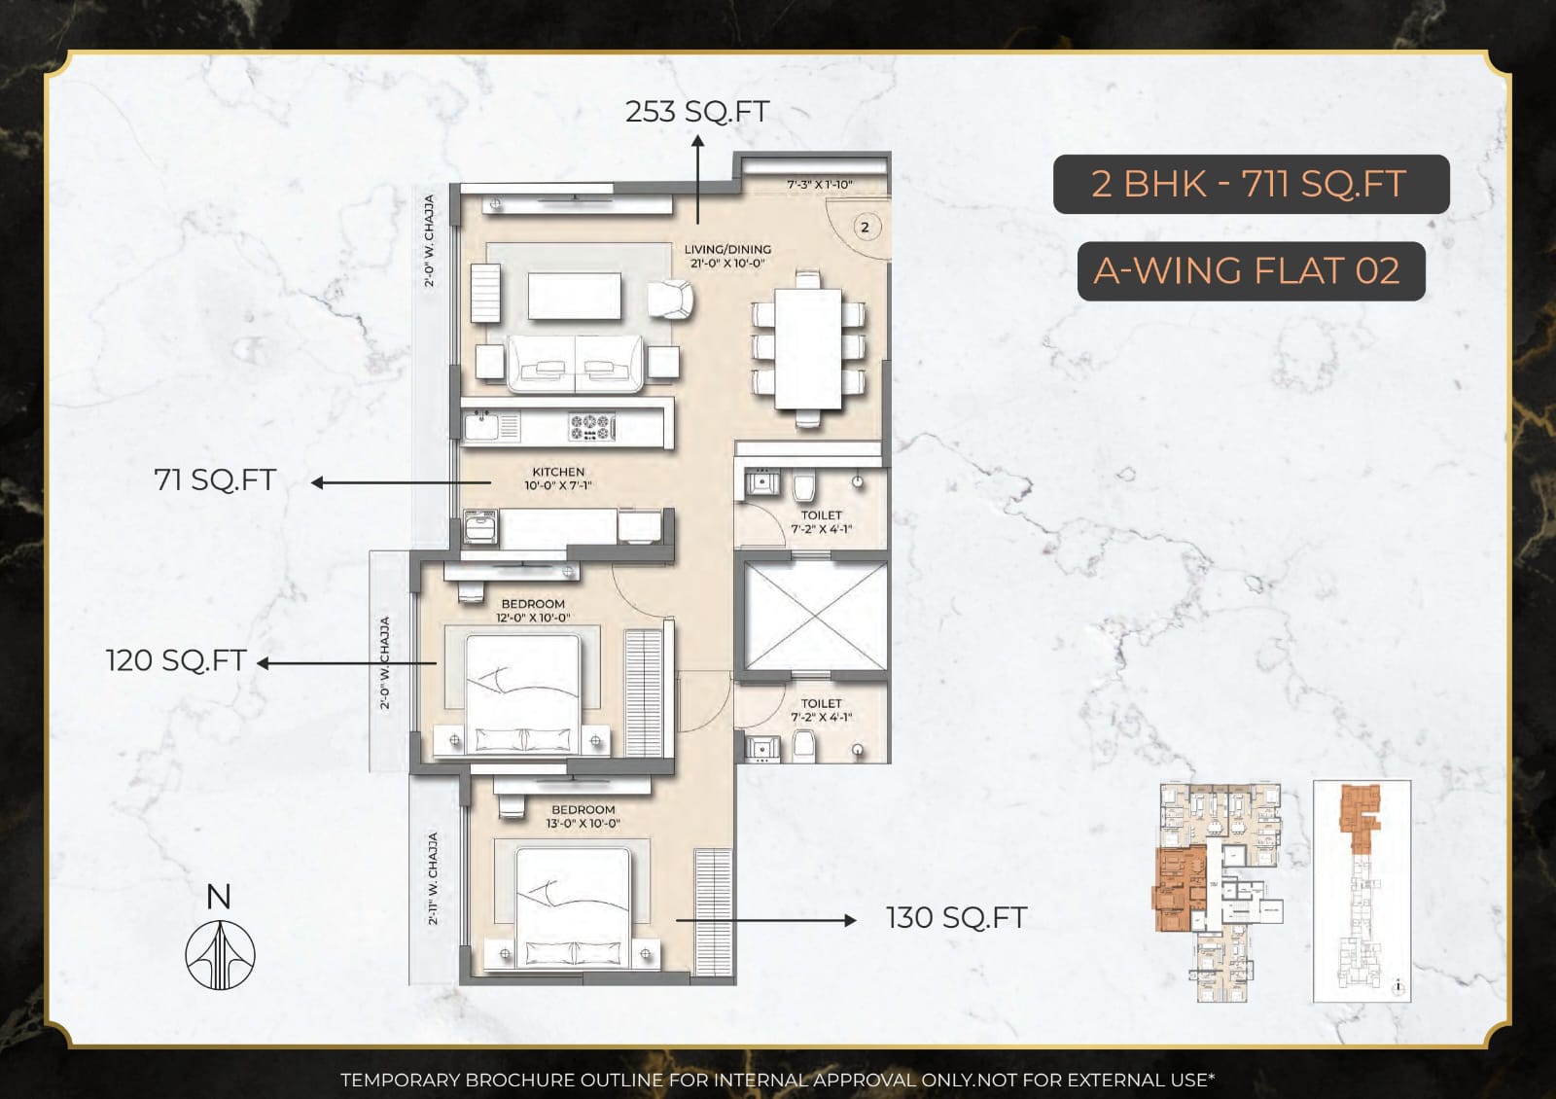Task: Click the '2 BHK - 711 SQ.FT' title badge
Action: (1250, 184)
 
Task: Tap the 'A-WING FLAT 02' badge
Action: (1250, 270)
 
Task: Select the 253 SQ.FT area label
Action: (696, 112)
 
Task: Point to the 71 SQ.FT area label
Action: (215, 479)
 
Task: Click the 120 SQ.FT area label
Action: (175, 660)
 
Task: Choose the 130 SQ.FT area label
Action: (956, 917)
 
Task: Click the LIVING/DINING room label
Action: (727, 249)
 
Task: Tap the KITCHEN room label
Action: (558, 472)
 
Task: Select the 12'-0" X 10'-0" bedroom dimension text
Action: (533, 618)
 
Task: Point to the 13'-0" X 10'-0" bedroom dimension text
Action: (583, 823)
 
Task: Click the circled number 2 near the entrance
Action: (865, 228)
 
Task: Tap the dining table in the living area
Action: (808, 347)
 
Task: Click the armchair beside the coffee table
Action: (671, 299)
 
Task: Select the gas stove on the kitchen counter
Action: (591, 425)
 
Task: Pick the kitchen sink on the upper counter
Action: (480, 425)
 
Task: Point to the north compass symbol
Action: (220, 954)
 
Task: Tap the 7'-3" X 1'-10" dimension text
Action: (819, 184)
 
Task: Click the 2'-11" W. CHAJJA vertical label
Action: (433, 878)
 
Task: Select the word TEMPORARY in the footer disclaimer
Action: (400, 1080)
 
